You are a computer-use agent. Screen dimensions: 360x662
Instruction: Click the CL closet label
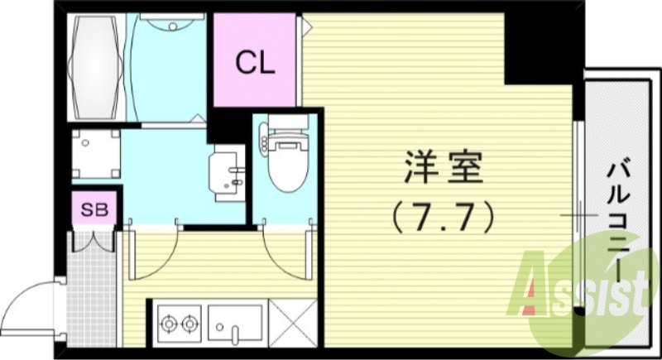point(255,62)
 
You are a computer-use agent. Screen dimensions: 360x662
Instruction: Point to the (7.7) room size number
point(443,217)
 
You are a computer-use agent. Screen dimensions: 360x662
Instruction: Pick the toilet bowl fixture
point(283,170)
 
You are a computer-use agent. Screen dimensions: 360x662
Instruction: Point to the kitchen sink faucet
point(235,334)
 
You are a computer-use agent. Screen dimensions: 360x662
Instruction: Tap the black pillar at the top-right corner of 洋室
point(530,46)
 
